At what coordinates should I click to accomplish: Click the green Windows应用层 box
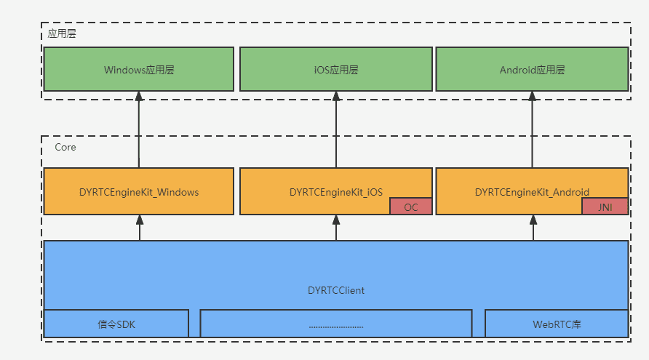pyautogui.click(x=138, y=70)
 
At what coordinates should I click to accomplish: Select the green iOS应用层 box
pyautogui.click(x=335, y=70)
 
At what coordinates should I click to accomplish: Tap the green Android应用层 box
pyautogui.click(x=532, y=70)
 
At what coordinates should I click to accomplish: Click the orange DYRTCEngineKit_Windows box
pyautogui.click(x=138, y=192)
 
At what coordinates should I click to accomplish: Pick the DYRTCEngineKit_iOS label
pyautogui.click(x=335, y=193)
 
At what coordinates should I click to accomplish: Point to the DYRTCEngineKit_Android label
pyautogui.click(x=532, y=193)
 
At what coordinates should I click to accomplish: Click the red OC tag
pyautogui.click(x=411, y=207)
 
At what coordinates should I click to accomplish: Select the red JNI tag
pyautogui.click(x=604, y=207)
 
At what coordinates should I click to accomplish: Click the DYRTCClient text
pyautogui.click(x=335, y=290)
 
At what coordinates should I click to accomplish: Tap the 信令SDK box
pyautogui.click(x=116, y=324)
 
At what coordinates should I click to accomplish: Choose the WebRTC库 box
pyautogui.click(x=556, y=324)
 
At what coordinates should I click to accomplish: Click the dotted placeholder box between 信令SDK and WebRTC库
pyautogui.click(x=335, y=324)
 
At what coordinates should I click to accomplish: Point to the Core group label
pyautogui.click(x=65, y=147)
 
